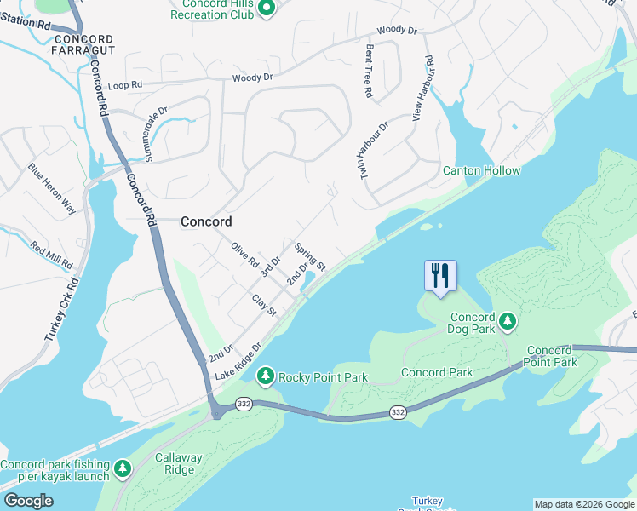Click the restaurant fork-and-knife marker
(x=440, y=276)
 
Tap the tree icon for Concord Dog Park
(x=508, y=321)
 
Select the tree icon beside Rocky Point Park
(x=266, y=376)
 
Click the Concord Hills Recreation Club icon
(x=266, y=9)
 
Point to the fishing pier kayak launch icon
(x=123, y=468)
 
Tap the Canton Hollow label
(x=481, y=171)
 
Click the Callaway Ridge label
(x=179, y=463)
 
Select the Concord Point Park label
(x=552, y=356)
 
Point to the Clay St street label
(x=264, y=306)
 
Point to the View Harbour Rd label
(x=423, y=89)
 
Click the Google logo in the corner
(x=27, y=500)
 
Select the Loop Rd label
(x=124, y=86)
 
